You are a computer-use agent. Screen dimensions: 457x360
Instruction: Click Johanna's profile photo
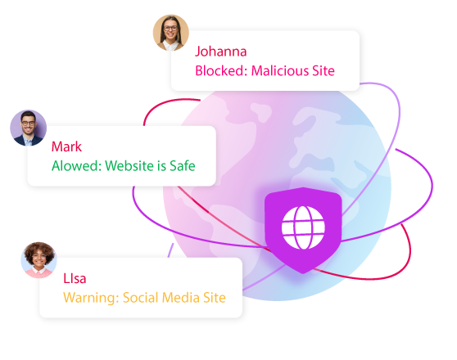[x=171, y=33]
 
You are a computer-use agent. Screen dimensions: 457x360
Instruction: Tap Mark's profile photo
[x=29, y=128]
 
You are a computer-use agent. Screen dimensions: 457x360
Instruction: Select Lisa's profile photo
[x=38, y=260]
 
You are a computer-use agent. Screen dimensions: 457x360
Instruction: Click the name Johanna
[x=220, y=52]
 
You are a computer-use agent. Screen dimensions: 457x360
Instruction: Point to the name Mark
[x=66, y=146]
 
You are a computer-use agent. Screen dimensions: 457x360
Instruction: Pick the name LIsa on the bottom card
[x=75, y=278]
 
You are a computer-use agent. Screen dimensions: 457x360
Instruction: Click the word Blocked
[x=221, y=71]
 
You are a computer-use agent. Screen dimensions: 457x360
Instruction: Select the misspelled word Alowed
[x=76, y=166]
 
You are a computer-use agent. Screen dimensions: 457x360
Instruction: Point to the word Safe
[x=183, y=166]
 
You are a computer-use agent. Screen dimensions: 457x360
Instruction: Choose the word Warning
[x=91, y=298]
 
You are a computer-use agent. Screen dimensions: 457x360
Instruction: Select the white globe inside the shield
[x=303, y=227]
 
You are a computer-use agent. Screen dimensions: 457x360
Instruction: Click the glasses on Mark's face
[x=29, y=124]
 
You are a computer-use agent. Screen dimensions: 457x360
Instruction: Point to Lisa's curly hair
[x=39, y=250]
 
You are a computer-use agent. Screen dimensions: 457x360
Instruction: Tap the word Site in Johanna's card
[x=324, y=71]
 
